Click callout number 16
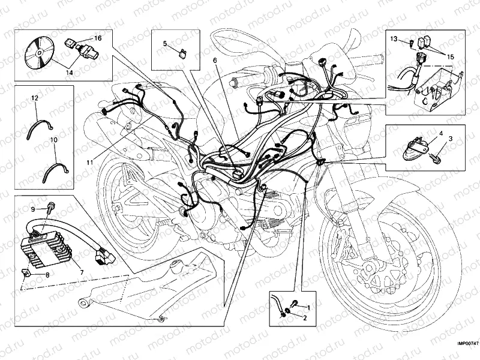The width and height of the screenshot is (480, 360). (x=98, y=38)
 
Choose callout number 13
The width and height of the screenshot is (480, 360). (x=394, y=38)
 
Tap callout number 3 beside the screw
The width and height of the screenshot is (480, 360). (x=451, y=139)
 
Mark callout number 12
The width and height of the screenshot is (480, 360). (x=34, y=97)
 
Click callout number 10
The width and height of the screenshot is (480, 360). (x=53, y=139)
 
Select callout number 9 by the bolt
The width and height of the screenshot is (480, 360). (x=34, y=209)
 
